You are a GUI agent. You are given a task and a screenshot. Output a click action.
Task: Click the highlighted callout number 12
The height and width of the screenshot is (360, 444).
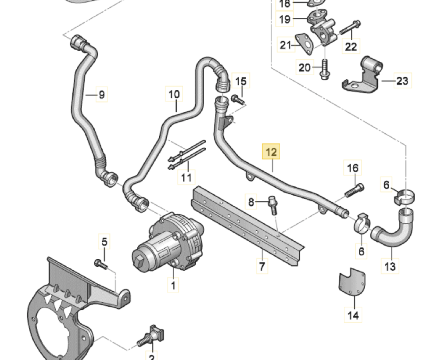(271, 152)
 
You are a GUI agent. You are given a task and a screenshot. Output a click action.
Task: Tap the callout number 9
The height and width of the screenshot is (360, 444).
(101, 94)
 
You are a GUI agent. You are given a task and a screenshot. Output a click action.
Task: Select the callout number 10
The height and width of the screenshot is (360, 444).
(174, 94)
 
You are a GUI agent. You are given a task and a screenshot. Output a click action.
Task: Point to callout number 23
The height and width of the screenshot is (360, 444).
(402, 81)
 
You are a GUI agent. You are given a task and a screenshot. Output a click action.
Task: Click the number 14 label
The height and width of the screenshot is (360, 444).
(353, 315)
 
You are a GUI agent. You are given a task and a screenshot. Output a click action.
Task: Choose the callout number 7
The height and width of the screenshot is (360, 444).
(262, 266)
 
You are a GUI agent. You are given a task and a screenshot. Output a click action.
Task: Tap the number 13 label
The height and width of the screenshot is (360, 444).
(390, 266)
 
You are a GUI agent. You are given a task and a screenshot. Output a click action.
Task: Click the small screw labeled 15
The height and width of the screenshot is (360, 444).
(238, 100)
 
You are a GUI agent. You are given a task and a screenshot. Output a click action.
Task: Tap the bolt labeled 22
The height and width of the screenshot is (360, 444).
(350, 28)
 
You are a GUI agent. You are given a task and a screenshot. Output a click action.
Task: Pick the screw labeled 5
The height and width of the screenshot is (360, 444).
(101, 264)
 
